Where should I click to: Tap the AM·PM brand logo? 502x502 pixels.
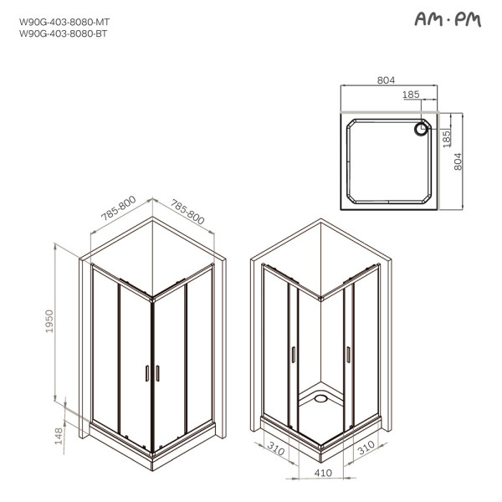point(448,20)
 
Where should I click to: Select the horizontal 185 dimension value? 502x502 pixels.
point(411,95)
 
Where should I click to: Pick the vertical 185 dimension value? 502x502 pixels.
point(446,135)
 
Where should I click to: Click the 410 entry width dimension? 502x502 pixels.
point(322,473)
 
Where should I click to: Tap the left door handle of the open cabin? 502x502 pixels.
point(293,355)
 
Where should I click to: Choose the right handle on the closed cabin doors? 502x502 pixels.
point(156,373)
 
